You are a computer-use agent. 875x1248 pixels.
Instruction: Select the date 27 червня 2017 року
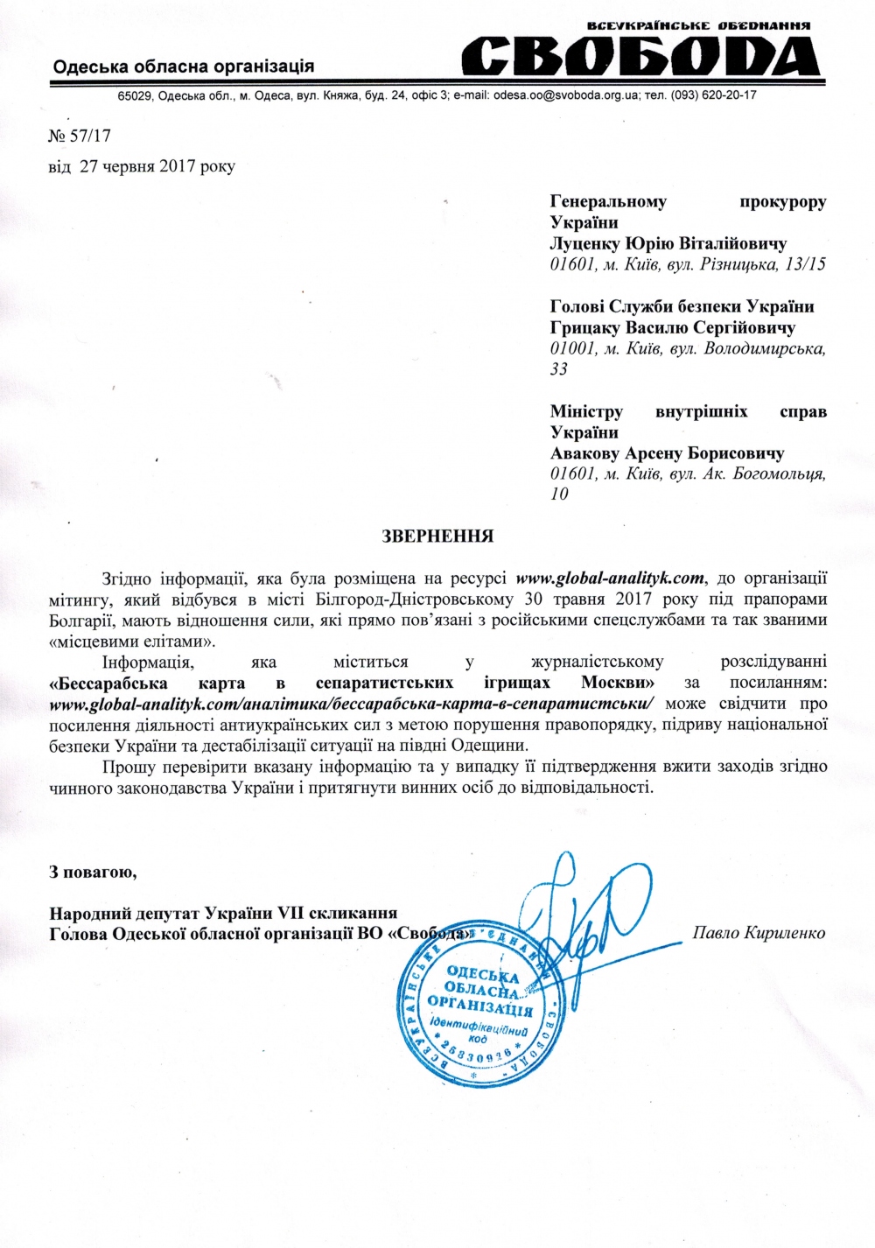tap(157, 165)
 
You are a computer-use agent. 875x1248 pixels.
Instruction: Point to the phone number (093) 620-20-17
tap(714, 95)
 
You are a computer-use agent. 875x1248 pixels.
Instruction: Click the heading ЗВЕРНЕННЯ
tap(437, 536)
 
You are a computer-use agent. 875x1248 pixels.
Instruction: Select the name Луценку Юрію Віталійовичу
tap(668, 243)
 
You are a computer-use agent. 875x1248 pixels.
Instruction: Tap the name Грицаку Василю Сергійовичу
tap(672, 327)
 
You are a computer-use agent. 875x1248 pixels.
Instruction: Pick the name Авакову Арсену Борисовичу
tap(667, 453)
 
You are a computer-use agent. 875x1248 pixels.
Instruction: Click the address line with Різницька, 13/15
tap(688, 264)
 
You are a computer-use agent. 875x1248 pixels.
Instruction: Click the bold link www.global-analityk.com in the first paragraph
tap(610, 578)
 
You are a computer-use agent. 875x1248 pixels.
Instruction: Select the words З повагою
tap(93, 872)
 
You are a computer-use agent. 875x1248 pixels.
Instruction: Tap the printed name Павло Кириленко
tap(759, 932)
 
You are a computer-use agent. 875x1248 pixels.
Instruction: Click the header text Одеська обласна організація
tap(183, 66)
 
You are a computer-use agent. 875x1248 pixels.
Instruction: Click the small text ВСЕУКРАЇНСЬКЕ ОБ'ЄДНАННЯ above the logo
tap(697, 26)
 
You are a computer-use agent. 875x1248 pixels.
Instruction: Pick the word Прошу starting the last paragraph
tap(129, 767)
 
